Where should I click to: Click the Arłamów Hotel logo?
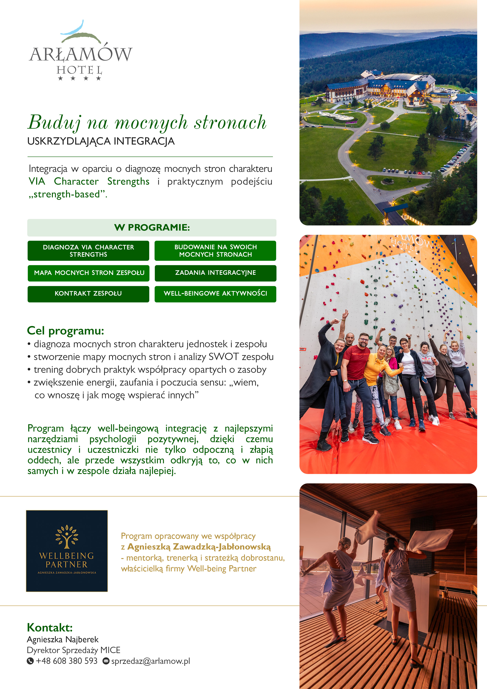pyautogui.click(x=81, y=51)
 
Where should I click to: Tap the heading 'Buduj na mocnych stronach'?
pyautogui.click(x=147, y=122)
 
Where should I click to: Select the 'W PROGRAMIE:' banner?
pyautogui.click(x=152, y=227)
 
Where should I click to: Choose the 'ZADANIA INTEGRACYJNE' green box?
pyautogui.click(x=215, y=273)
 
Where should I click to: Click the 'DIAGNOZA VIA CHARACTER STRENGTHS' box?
pyautogui.click(x=88, y=251)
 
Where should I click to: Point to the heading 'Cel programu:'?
pyautogui.click(x=65, y=331)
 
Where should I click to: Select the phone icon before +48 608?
pyautogui.click(x=30, y=661)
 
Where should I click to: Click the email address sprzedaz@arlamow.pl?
pyautogui.click(x=151, y=661)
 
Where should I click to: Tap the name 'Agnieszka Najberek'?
pyautogui.click(x=63, y=640)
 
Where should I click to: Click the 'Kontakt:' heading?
pyautogui.click(x=50, y=628)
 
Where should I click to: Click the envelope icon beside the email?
pyautogui.click(x=106, y=661)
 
